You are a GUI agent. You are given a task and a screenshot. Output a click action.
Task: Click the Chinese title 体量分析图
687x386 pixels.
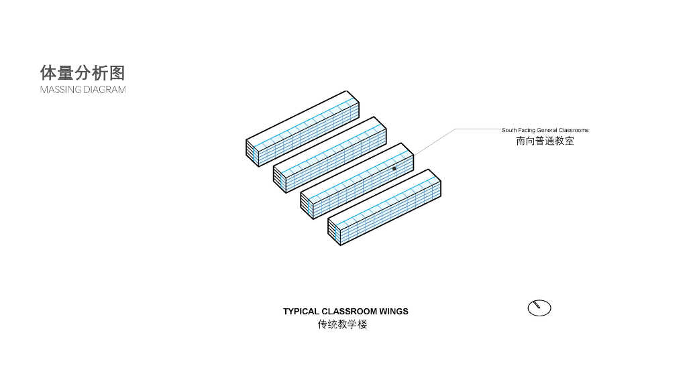(83, 72)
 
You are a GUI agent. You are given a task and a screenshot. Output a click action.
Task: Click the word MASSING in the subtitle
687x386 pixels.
(60, 89)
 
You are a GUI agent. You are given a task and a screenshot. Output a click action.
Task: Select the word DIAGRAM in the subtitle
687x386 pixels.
(104, 89)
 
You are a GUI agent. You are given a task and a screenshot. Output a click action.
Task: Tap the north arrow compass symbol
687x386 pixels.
(539, 308)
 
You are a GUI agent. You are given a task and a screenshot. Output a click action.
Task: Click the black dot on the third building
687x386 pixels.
(394, 169)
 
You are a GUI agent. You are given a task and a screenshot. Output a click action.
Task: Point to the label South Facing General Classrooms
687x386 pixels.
(545, 130)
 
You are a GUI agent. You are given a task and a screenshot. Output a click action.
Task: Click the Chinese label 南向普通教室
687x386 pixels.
(545, 141)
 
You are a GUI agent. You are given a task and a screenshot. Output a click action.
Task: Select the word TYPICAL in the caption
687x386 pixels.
(301, 312)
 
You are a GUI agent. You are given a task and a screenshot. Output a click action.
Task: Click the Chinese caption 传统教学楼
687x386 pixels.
(343, 325)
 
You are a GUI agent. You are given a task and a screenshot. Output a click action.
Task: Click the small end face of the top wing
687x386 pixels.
(252, 152)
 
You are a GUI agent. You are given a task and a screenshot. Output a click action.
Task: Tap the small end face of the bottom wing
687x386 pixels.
(333, 231)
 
